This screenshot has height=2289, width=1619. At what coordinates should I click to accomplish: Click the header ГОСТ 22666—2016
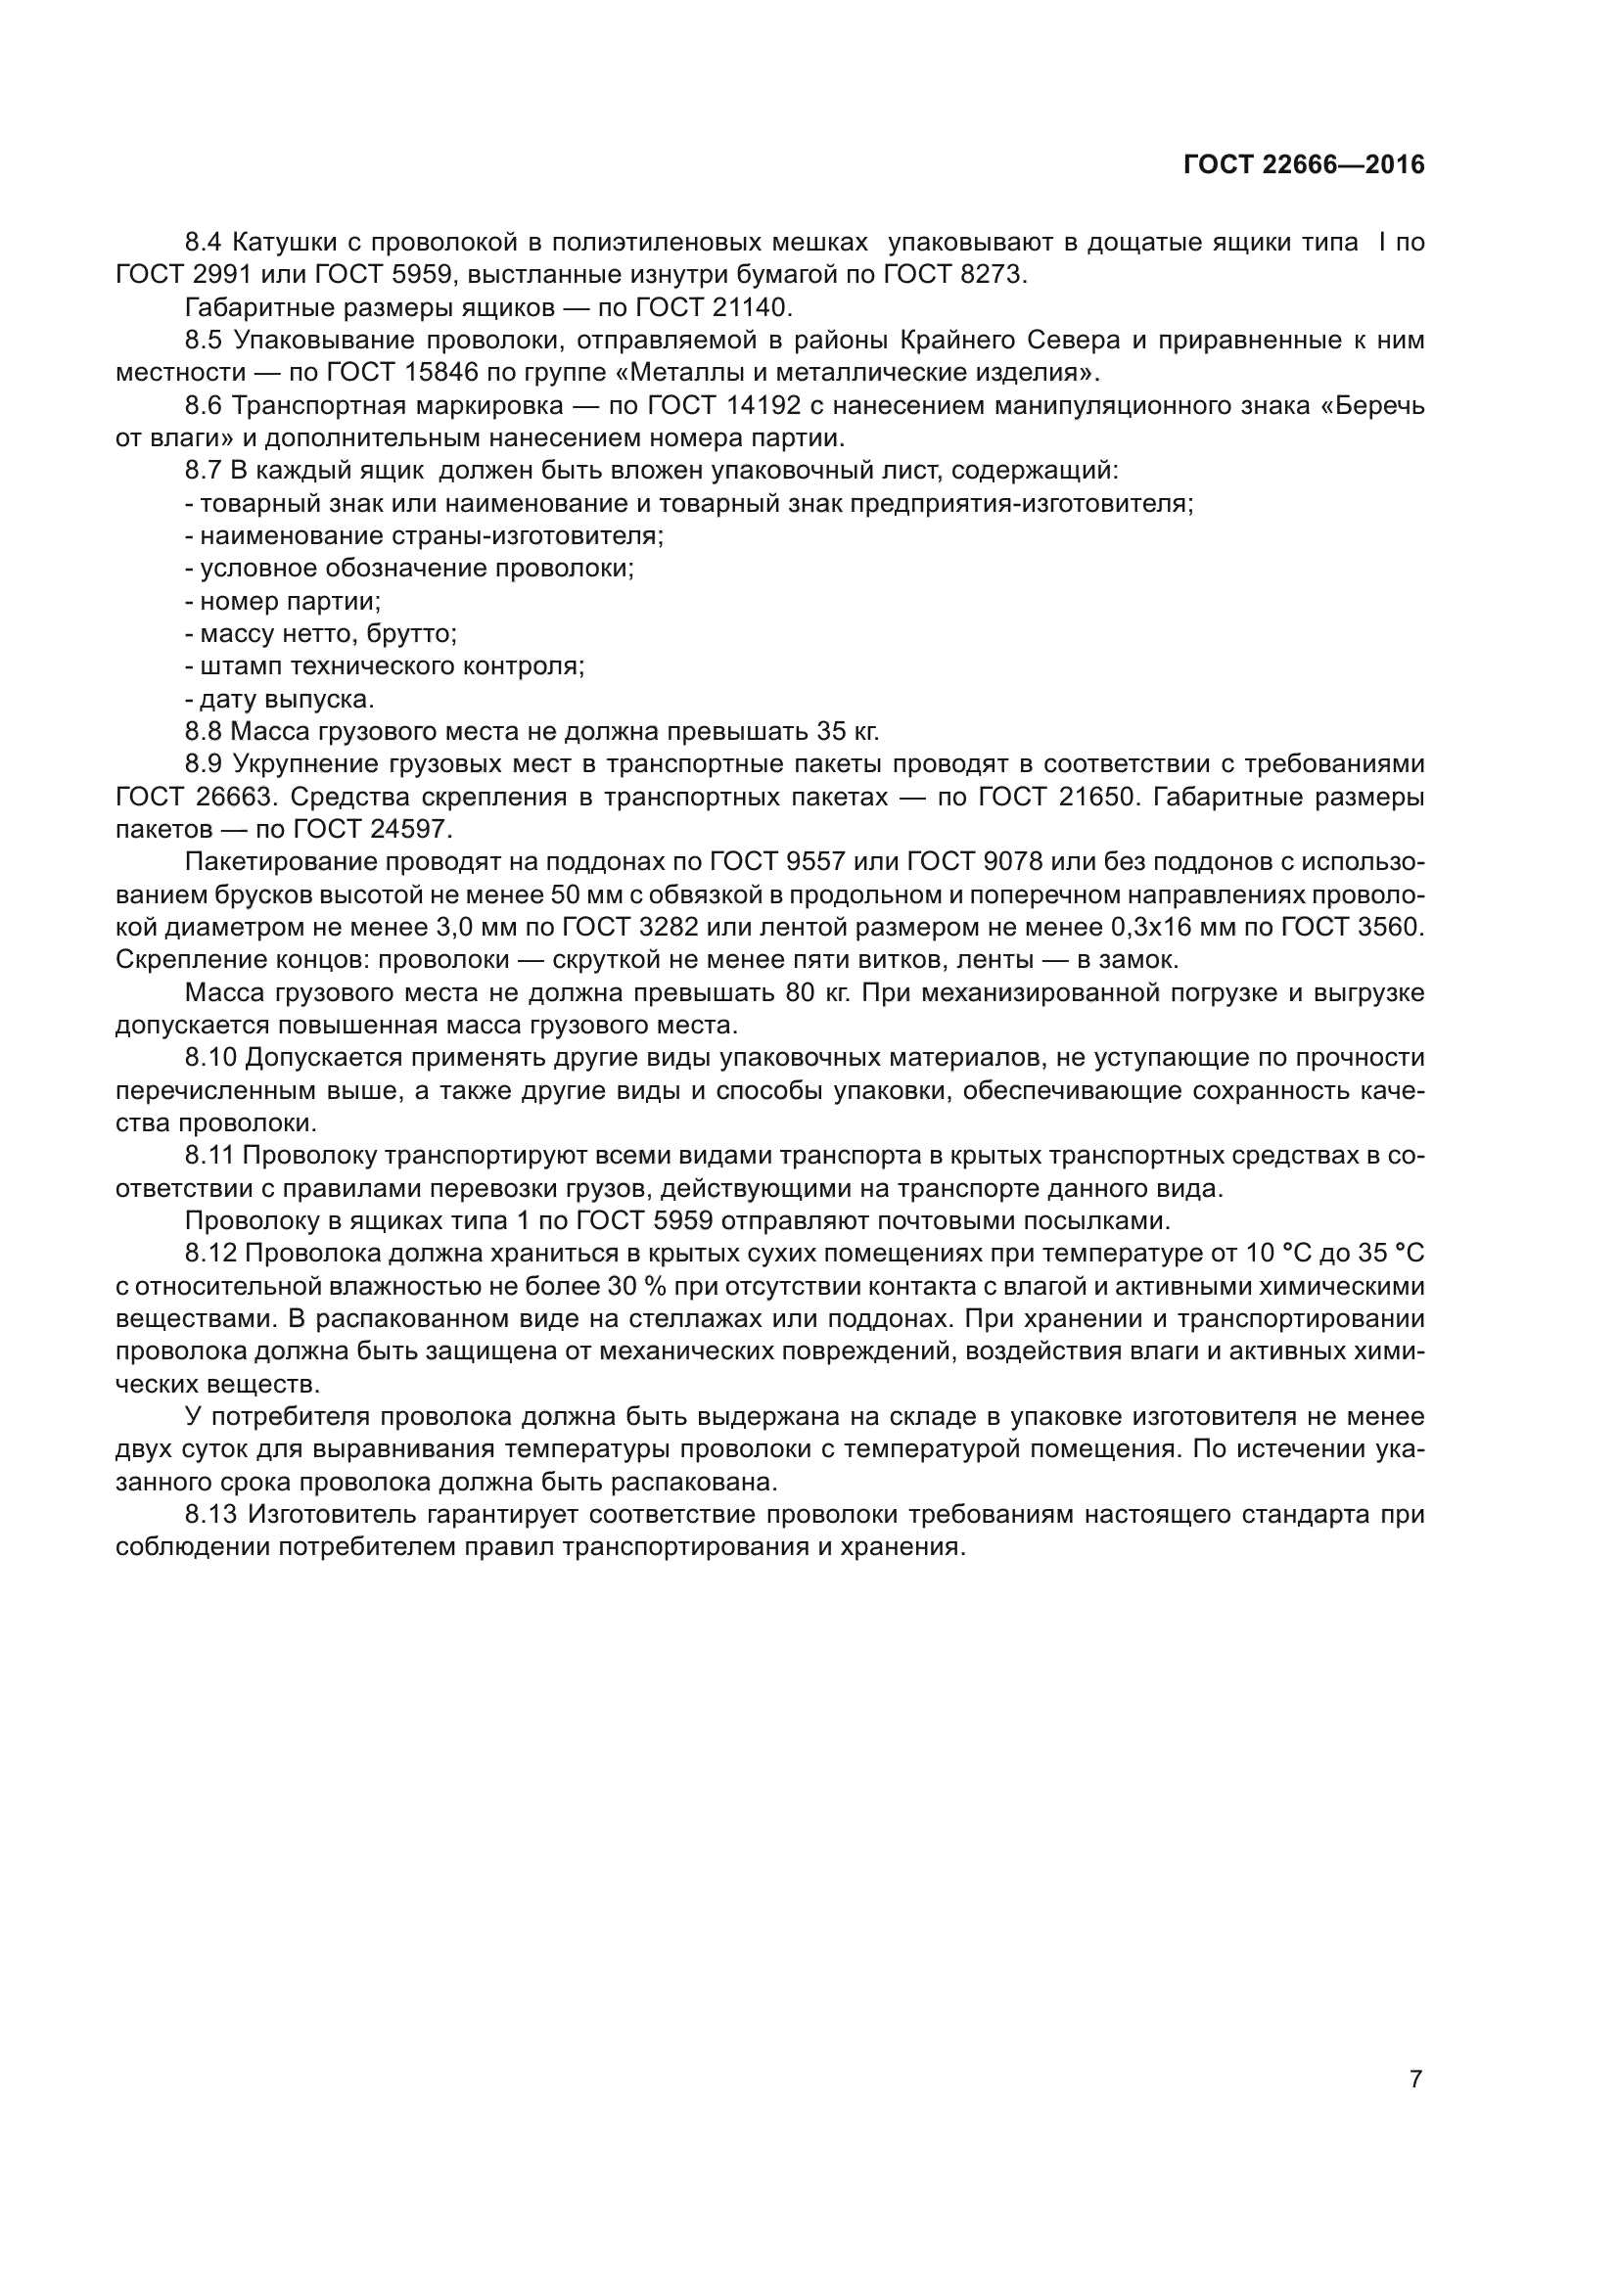tap(1303, 165)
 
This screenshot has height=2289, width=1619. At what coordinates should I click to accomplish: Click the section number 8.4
tap(205, 243)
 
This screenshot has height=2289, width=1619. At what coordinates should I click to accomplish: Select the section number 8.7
tap(205, 471)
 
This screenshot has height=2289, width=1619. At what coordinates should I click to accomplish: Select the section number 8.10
tap(211, 1059)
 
